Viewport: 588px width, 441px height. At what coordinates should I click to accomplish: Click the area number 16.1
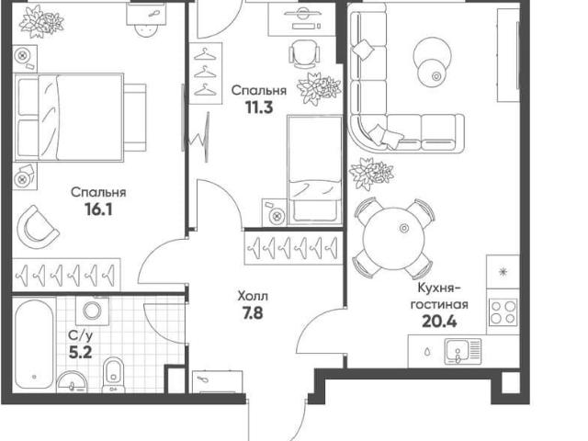[x=98, y=209]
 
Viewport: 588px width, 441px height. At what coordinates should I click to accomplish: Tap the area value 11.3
[x=259, y=107]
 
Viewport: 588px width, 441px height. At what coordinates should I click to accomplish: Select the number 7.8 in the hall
[x=253, y=313]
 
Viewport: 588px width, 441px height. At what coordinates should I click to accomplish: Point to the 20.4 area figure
[x=439, y=322]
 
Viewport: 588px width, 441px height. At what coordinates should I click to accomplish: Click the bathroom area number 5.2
[x=80, y=352]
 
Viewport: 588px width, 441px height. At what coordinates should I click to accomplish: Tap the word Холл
[x=253, y=297]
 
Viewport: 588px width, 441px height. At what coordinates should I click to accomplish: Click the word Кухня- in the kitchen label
[x=439, y=288]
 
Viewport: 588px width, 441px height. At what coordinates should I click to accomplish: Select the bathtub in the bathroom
[x=34, y=345]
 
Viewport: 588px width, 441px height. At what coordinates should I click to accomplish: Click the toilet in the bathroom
[x=113, y=375]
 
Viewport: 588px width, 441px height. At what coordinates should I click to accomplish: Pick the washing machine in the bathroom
[x=92, y=311]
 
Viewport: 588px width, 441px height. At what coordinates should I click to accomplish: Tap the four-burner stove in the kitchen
[x=503, y=312]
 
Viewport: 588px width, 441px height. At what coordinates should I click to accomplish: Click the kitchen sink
[x=463, y=351]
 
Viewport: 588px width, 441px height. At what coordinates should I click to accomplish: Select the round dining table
[x=393, y=239]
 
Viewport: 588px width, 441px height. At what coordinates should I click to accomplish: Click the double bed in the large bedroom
[x=80, y=118]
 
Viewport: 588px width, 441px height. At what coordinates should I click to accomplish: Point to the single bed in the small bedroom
[x=314, y=171]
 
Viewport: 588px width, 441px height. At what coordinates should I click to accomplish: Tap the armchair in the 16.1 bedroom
[x=38, y=226]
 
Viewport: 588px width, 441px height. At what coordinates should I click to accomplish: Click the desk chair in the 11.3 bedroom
[x=304, y=53]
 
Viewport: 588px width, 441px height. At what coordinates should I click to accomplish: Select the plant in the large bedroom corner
[x=41, y=22]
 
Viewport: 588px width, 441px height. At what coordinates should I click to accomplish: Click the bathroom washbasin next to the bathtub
[x=72, y=382]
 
